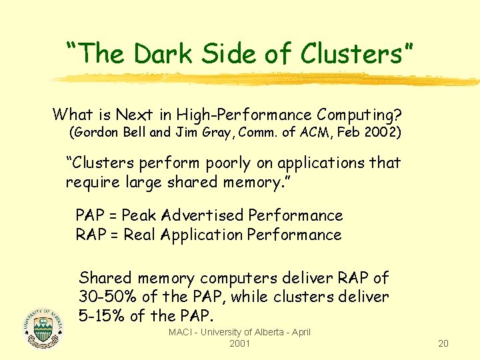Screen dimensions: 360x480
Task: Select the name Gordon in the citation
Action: pyautogui.click(x=101, y=132)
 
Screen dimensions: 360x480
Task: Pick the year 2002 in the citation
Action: pyautogui.click(x=383, y=132)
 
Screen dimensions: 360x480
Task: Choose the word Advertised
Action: pyautogui.click(x=202, y=215)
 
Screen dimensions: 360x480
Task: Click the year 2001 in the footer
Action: pyautogui.click(x=239, y=343)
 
